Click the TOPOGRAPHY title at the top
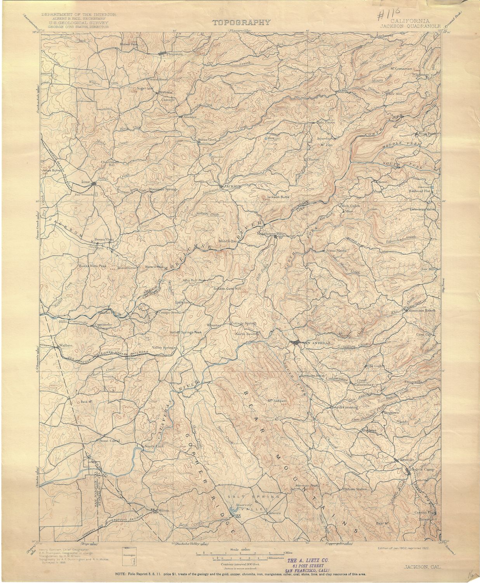[x=241, y=23]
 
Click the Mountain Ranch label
[x=422, y=310]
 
